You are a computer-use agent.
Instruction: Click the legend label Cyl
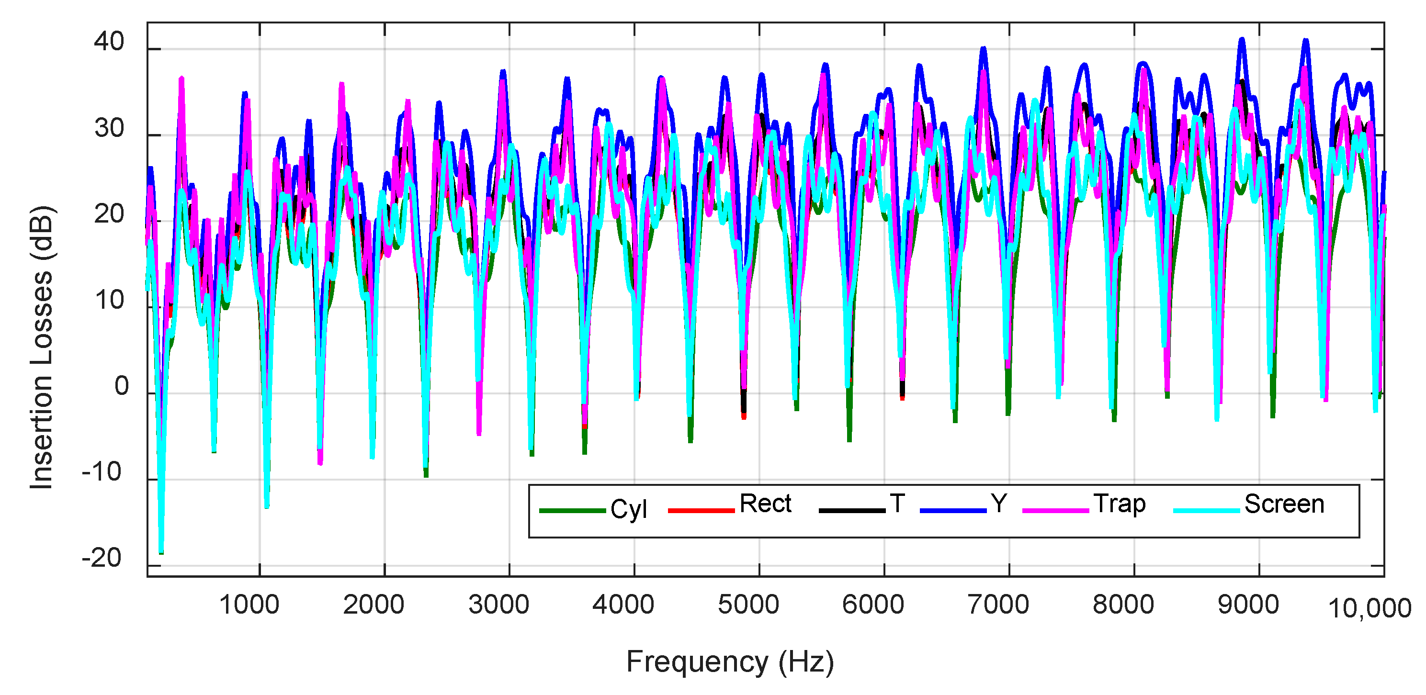[x=628, y=509]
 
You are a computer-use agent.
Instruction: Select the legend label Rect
[x=766, y=504]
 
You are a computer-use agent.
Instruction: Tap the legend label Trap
[x=1119, y=504]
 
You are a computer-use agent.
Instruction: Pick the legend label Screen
[x=1284, y=504]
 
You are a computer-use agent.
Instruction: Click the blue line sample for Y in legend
[x=953, y=510]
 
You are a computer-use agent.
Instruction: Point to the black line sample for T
[x=851, y=510]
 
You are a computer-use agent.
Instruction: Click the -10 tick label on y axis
[x=102, y=472]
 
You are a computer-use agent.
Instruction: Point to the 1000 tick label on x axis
[x=249, y=604]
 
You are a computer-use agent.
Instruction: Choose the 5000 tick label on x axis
[x=748, y=604]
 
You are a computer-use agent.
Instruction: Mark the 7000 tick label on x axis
[x=998, y=604]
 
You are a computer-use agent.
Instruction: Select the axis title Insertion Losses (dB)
[x=42, y=347]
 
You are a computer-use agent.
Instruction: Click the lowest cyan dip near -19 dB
[x=161, y=550]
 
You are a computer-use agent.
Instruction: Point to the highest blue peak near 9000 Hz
[x=1242, y=40]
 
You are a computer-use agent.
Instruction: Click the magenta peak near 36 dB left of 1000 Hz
[x=181, y=79]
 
